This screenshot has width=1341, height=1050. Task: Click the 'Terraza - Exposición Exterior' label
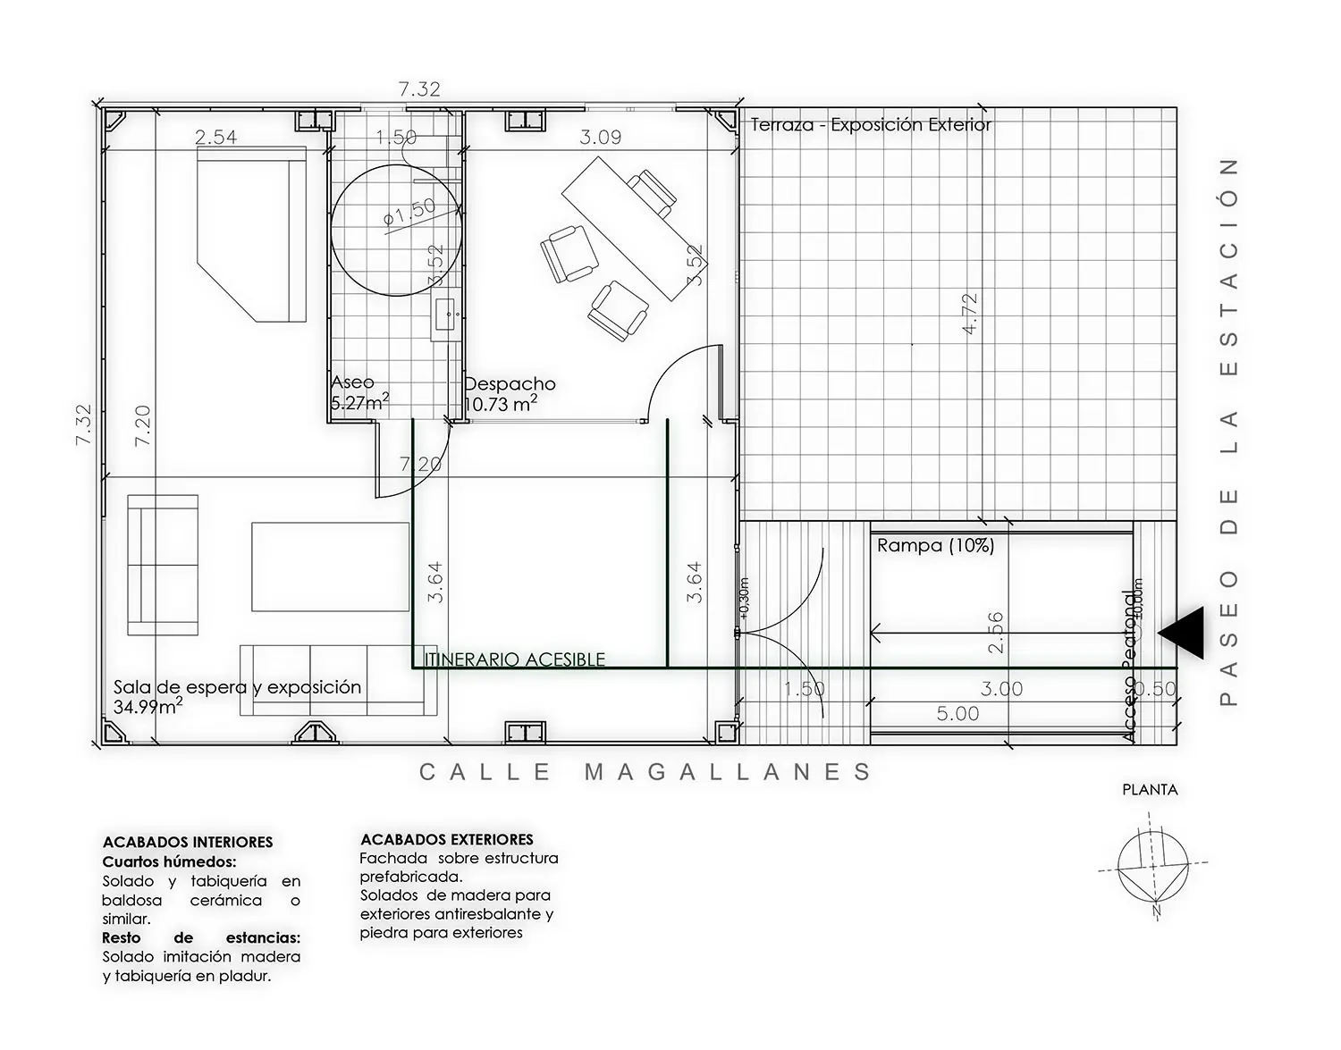pyautogui.click(x=871, y=125)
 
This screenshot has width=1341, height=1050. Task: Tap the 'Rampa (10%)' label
pyautogui.click(x=935, y=545)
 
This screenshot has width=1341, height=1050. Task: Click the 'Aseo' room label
pyautogui.click(x=352, y=382)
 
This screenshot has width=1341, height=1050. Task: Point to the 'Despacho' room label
pyautogui.click(x=510, y=384)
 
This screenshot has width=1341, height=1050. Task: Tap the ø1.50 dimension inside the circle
pyautogui.click(x=409, y=212)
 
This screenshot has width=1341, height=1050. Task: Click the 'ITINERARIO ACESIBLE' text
pyautogui.click(x=515, y=659)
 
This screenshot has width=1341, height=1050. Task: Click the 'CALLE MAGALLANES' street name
pyautogui.click(x=645, y=772)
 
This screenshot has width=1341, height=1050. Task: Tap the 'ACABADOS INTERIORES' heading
pyautogui.click(x=188, y=843)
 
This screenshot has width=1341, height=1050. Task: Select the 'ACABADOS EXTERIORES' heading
pyautogui.click(x=446, y=840)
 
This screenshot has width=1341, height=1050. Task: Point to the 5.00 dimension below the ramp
pyautogui.click(x=957, y=714)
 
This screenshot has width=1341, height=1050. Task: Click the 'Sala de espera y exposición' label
pyautogui.click(x=237, y=687)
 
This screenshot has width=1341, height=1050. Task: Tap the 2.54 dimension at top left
pyautogui.click(x=215, y=137)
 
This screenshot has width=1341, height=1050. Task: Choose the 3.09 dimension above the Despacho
pyautogui.click(x=600, y=137)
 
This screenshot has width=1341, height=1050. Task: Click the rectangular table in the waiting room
pyautogui.click(x=330, y=567)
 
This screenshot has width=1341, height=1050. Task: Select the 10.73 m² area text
pyautogui.click(x=501, y=404)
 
